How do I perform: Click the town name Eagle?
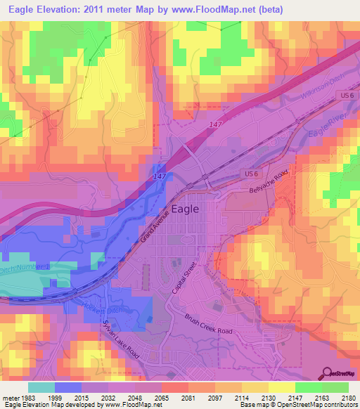[x=185, y=209]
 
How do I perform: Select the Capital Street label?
[x=184, y=278]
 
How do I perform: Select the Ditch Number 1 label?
[x=27, y=267]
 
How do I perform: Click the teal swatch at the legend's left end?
[x=41, y=387]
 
